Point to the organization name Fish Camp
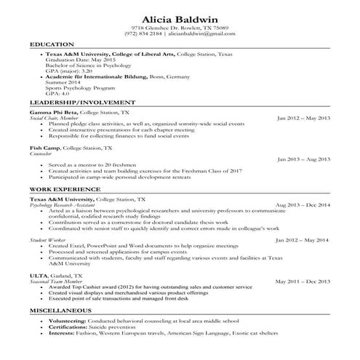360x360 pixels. point(44,148)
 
